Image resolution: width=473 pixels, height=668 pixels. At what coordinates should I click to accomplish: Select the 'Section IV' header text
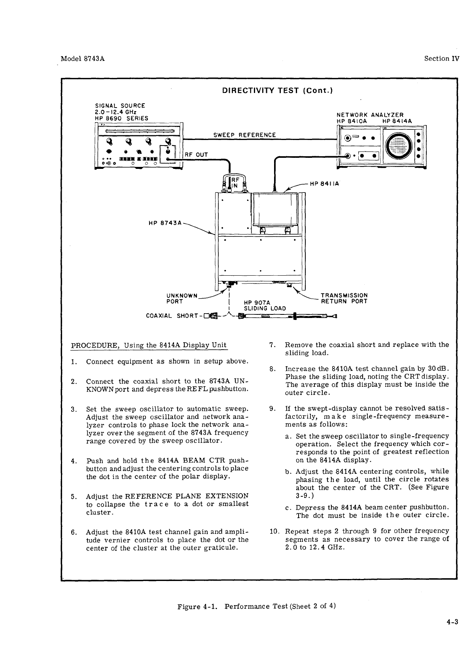(442, 59)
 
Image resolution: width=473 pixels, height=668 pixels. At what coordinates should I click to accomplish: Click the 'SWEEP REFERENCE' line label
(244, 135)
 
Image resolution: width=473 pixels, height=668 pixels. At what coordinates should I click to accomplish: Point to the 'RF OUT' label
(197, 154)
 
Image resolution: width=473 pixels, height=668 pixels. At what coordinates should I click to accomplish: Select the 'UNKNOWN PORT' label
(182, 299)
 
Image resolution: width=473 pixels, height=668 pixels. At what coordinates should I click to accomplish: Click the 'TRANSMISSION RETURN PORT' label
(344, 299)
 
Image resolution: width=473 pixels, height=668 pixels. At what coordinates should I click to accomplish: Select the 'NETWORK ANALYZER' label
(369, 115)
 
